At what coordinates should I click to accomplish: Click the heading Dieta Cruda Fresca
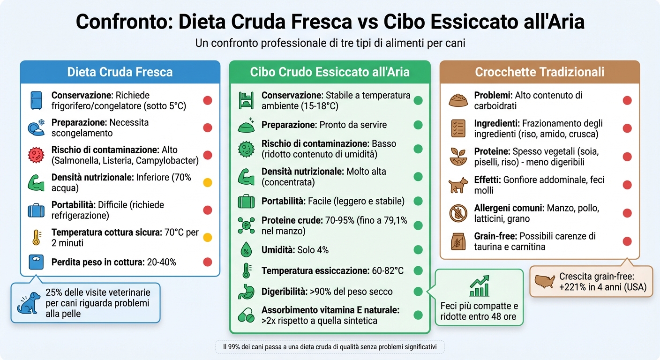(x=120, y=72)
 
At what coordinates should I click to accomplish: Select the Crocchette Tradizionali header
(x=540, y=72)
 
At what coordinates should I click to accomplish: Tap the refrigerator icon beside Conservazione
(x=36, y=101)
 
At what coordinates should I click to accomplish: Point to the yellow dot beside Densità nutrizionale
(x=207, y=183)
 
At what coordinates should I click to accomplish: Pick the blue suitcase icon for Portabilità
(x=36, y=210)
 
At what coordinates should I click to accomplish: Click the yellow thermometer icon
(x=36, y=238)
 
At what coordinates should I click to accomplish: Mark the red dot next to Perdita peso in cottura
(x=207, y=262)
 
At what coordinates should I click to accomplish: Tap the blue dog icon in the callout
(x=28, y=302)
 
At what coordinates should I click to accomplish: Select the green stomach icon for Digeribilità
(x=246, y=292)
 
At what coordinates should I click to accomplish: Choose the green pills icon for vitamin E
(x=246, y=315)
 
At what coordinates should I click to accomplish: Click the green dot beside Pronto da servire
(x=418, y=125)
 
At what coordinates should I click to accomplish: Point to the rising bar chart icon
(x=480, y=286)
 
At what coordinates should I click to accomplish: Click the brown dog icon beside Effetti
(x=458, y=185)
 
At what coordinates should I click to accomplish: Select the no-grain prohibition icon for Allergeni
(x=458, y=213)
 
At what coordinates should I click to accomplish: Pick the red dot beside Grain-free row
(x=627, y=241)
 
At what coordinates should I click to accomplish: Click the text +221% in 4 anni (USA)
(x=602, y=287)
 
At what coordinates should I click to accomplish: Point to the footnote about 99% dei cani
(x=330, y=347)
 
